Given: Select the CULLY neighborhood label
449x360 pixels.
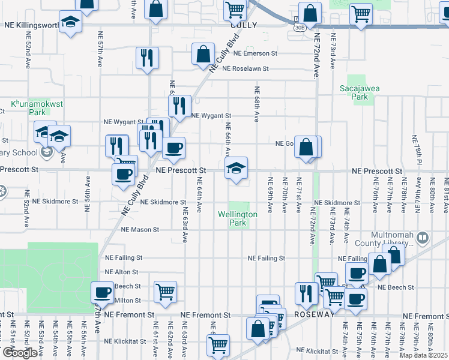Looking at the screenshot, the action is tap(244, 25).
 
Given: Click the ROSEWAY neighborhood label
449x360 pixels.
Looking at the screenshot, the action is tap(313, 314).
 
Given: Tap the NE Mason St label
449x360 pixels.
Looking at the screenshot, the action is tap(140, 229).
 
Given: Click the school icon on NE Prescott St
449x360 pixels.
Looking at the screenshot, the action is tap(237, 168).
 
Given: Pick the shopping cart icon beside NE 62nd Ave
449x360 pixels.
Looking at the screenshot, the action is tap(165, 292).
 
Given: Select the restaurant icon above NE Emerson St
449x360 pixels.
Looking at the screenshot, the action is tap(147, 58).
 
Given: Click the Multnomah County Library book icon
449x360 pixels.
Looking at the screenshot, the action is tap(423, 239).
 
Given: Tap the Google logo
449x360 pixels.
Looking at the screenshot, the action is tap(19, 352).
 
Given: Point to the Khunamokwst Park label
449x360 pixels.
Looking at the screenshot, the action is tap(37, 108).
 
